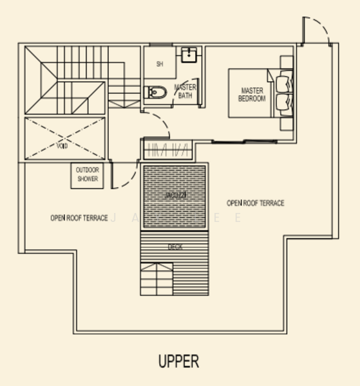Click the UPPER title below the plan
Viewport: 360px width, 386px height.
coord(179,361)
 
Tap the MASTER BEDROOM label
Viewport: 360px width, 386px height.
coord(252,95)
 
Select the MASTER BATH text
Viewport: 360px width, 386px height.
coord(185,91)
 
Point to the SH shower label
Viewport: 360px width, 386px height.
coord(159,64)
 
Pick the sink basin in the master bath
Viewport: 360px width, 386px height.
coord(188,55)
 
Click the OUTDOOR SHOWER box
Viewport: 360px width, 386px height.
coord(88,176)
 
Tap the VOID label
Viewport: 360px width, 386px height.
coord(62,146)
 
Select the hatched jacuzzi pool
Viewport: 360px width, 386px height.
coord(174,196)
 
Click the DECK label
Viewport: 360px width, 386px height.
coord(174,246)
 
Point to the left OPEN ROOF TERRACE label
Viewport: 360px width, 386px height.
coord(79,218)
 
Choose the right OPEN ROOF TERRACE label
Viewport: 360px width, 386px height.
coord(255,203)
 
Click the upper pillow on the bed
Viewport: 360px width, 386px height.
coord(284,82)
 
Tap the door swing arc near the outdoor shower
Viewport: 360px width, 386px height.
coord(124,174)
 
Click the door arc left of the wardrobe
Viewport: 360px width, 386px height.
coord(156,124)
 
